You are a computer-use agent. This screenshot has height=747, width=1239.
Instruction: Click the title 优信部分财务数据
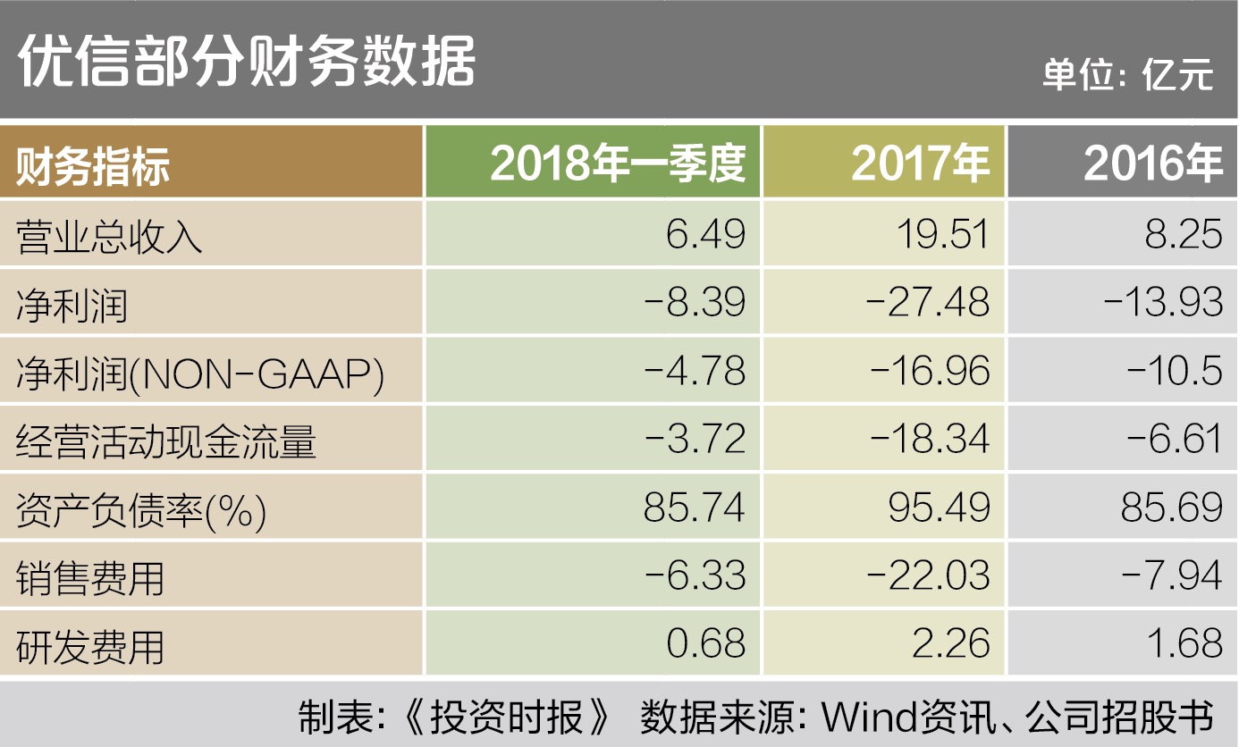[246, 61]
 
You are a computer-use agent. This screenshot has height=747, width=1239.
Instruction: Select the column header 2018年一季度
[618, 164]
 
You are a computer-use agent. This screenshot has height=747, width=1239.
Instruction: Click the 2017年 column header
[920, 164]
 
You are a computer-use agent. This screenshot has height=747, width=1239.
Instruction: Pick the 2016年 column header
[1152, 164]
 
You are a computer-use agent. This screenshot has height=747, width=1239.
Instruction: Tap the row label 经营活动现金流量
[166, 440]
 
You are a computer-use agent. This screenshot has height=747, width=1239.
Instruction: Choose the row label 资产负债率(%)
[141, 509]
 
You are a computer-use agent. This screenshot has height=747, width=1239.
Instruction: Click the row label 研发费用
[90, 645]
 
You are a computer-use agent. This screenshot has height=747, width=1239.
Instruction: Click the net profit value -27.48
[927, 303]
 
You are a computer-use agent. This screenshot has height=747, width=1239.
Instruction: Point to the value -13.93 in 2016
[1162, 303]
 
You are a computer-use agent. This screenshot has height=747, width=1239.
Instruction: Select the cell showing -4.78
[695, 371]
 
